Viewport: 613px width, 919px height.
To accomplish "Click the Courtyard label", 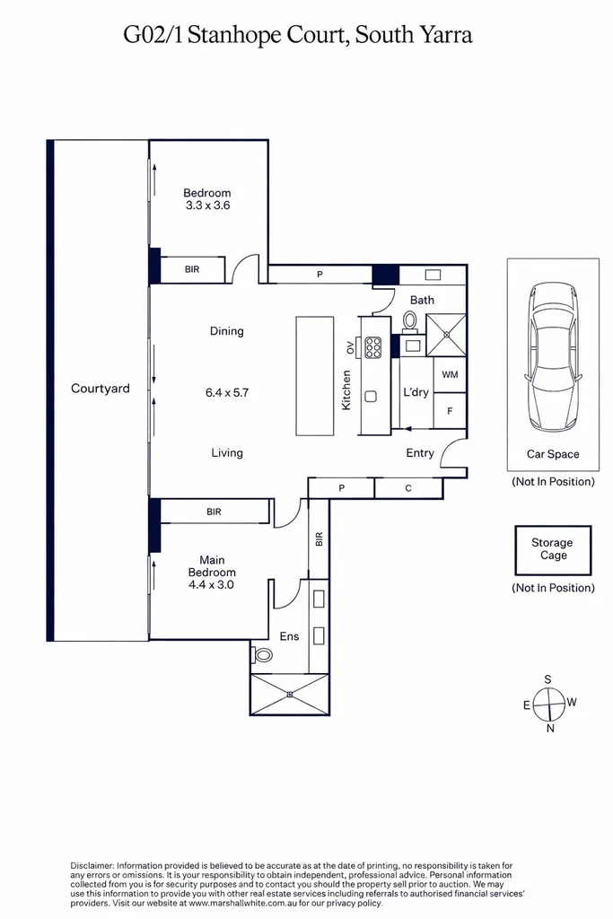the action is [101, 389].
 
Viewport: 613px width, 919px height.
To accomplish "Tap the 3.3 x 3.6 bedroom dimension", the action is [207, 206].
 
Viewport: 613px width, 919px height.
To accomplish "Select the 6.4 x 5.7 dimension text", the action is [227, 393].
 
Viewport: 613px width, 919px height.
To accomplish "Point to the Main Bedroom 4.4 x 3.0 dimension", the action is [211, 584].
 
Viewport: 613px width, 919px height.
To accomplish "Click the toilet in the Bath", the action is [409, 321].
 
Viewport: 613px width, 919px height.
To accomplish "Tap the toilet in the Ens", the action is [262, 654].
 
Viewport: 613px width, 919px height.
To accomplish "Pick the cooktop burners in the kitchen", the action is [372, 347].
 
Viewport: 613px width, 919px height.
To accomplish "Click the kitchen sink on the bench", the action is [371, 397].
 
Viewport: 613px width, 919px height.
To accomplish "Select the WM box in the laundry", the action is [450, 374].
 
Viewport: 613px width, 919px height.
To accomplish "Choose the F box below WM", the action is [450, 411].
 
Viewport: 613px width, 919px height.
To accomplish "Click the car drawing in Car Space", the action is [553, 357].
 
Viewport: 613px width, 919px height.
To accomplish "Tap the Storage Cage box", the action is [553, 550].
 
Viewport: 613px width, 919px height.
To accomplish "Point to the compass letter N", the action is [549, 729].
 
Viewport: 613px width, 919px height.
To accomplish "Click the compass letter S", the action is [548, 679].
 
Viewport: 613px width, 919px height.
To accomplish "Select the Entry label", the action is [420, 453].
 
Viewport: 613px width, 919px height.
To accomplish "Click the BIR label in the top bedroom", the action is [192, 269].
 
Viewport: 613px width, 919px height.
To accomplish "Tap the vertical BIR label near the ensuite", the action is [319, 539].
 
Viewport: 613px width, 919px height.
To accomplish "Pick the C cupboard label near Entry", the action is [407, 488].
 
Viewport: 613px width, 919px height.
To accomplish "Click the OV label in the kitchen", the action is [350, 347].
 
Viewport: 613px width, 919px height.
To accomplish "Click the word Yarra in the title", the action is [444, 35].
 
